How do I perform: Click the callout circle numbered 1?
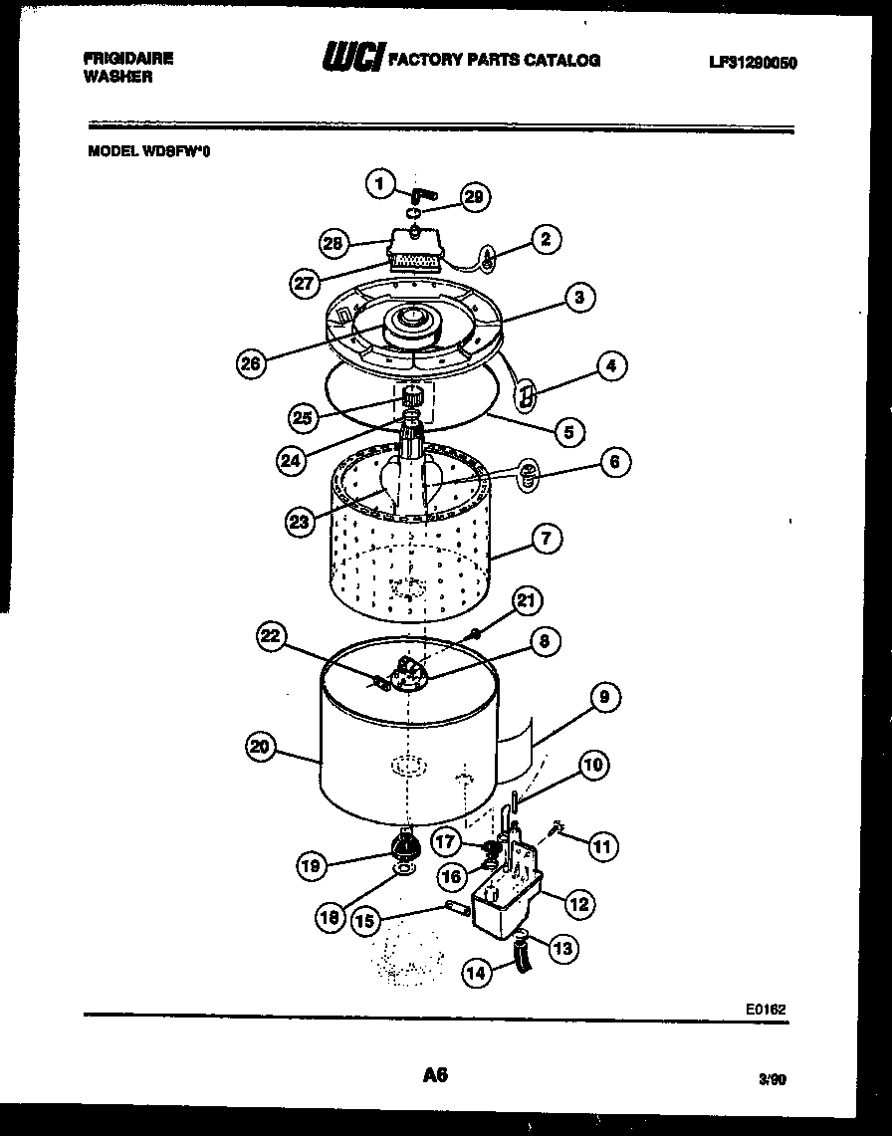[376, 183]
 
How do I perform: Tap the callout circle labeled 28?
[334, 243]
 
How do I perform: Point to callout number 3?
[578, 297]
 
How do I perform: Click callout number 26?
[251, 364]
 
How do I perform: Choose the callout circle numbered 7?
[547, 540]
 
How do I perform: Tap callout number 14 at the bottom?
[478, 974]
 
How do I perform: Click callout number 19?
[313, 866]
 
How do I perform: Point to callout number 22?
[272, 637]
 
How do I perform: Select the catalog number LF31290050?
[753, 62]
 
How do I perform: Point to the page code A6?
[435, 1074]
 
